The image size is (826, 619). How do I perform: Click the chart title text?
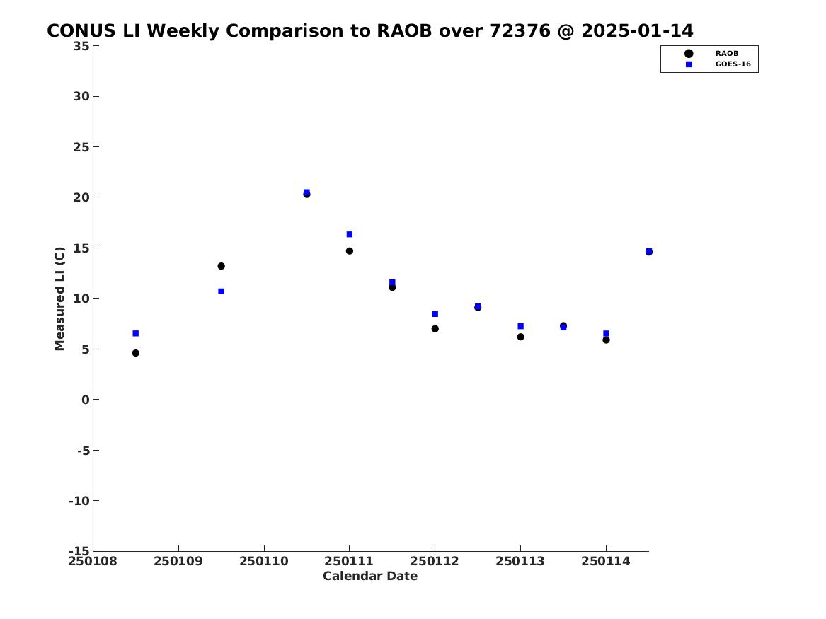[x=369, y=31]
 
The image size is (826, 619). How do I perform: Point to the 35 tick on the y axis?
[x=81, y=46]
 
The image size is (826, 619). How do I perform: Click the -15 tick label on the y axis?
[x=79, y=551]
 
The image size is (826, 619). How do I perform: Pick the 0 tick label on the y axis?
[x=86, y=400]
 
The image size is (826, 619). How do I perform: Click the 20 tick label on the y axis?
[x=81, y=197]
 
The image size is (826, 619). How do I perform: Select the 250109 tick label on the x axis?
[x=178, y=561]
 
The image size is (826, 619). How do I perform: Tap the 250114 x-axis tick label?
[x=606, y=561]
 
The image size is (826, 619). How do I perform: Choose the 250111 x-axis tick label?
[x=349, y=561]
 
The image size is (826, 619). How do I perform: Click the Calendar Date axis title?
[x=370, y=576]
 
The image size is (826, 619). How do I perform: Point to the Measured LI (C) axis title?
[x=59, y=299]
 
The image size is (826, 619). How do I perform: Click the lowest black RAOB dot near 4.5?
[x=135, y=353]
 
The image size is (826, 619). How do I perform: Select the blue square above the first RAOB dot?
[x=135, y=333]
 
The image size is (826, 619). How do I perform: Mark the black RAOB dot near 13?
[x=222, y=266]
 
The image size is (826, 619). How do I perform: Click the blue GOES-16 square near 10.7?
[x=222, y=291]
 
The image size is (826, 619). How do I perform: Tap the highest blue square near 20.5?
[x=306, y=192]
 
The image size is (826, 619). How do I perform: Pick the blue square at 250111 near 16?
[x=349, y=234]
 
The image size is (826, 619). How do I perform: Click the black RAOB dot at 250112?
[x=435, y=329]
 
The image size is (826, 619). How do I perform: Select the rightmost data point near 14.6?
[x=649, y=252]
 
